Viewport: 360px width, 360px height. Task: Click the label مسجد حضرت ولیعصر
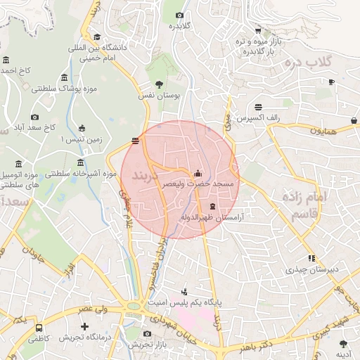[198, 184]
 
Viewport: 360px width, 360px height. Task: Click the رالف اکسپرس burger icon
[259, 107]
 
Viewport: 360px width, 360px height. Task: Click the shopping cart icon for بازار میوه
[259, 30]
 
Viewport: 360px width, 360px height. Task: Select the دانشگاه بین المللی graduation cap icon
[96, 37]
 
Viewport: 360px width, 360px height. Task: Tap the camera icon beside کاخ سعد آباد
[35, 117]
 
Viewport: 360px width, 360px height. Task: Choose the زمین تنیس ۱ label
[82, 139]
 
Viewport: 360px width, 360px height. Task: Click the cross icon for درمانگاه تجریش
[85, 327]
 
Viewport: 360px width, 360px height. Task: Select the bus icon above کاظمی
[39, 328]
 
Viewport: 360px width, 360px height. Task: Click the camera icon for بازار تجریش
[147, 333]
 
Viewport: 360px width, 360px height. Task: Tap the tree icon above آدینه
[343, 344]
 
